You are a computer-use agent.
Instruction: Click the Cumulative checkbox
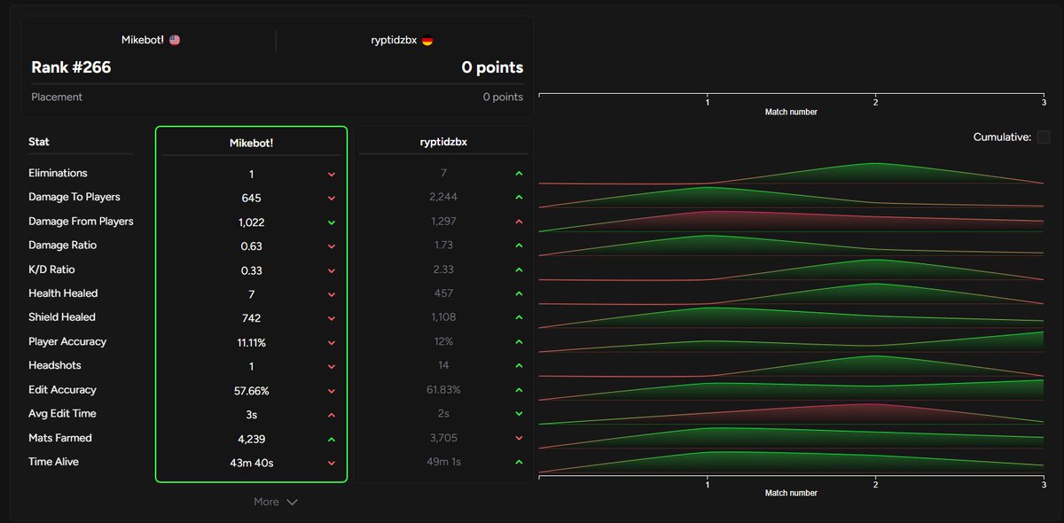1043,137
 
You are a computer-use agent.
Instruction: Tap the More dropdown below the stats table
276,502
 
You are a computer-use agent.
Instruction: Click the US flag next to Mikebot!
175,40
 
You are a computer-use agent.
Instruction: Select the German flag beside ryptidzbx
427,41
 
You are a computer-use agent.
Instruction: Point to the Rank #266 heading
71,67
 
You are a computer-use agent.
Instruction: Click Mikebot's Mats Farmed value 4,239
251,439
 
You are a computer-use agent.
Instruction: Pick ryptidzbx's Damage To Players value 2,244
443,197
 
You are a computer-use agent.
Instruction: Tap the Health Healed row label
63,293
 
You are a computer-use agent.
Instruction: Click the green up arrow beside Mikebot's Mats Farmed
332,440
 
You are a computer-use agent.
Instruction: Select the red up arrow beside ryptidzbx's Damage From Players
520,222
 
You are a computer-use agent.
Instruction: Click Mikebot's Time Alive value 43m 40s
251,463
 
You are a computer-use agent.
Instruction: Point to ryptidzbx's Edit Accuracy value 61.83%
443,389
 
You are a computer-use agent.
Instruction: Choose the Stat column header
38,142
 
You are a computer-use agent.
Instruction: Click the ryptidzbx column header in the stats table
443,142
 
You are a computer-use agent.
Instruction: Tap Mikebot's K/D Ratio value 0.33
251,270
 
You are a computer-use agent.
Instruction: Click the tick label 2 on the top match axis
875,102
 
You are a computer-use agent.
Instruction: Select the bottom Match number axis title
791,493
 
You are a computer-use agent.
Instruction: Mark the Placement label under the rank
57,97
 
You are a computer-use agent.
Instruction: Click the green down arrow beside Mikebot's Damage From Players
332,222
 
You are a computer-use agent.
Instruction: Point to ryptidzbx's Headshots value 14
443,365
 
